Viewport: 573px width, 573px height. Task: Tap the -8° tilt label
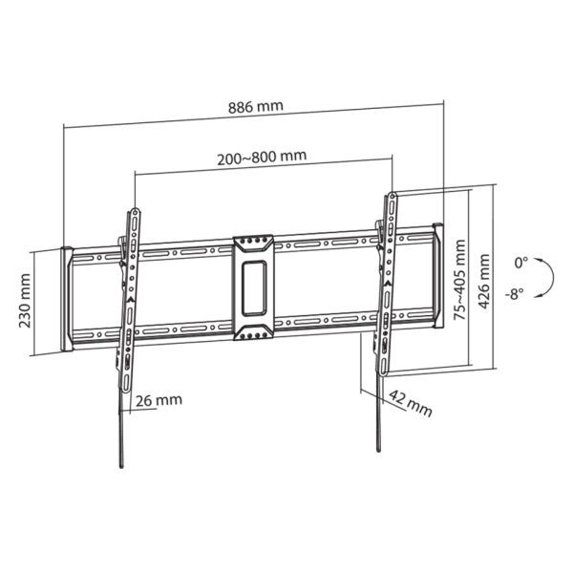pos(517,294)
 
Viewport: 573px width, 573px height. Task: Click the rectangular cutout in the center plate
pos(253,285)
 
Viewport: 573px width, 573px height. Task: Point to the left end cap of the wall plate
pos(67,298)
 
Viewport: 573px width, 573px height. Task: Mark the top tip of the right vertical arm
pos(392,194)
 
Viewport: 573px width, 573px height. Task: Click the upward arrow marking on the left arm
pos(129,298)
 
